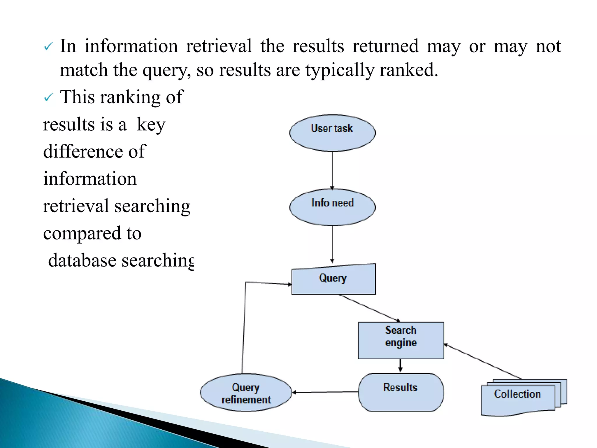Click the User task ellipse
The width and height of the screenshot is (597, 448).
pyautogui.click(x=332, y=133)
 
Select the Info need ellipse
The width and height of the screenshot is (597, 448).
pyautogui.click(x=332, y=207)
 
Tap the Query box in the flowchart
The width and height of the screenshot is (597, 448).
pyautogui.click(x=333, y=279)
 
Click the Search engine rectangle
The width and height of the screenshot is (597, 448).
pyautogui.click(x=401, y=340)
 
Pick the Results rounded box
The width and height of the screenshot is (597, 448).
pyautogui.click(x=401, y=392)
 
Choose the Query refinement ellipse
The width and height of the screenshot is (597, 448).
pyautogui.click(x=246, y=393)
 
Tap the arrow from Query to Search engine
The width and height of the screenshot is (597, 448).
pyautogui.click(x=369, y=308)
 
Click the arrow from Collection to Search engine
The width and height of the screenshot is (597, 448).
pyautogui.click(x=483, y=362)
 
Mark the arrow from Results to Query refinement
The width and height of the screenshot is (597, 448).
pyautogui.click(x=325, y=392)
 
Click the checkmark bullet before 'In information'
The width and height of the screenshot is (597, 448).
pyautogui.click(x=48, y=47)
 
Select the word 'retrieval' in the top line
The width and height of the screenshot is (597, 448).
pyautogui.click(x=219, y=46)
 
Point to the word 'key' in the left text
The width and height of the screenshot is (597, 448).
pyautogui.click(x=151, y=125)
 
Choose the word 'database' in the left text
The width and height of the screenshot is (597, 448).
pyautogui.click(x=82, y=260)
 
